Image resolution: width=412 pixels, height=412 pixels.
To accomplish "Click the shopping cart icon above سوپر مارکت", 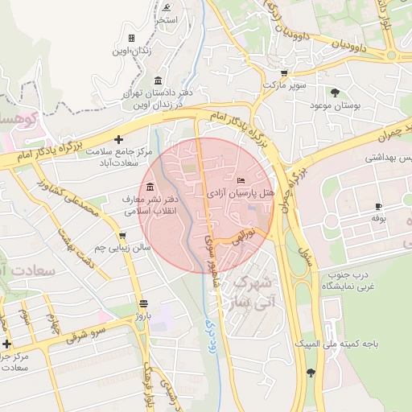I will [284, 72].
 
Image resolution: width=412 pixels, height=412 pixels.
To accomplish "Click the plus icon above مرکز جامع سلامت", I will [119, 138].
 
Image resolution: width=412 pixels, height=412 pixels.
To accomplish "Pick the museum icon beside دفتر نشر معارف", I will [150, 187].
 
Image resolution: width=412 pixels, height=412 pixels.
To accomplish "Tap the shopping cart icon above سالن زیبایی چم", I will [122, 236].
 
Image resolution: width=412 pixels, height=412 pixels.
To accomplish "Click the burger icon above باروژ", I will [143, 303].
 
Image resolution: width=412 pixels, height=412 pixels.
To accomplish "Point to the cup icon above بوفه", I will [379, 207].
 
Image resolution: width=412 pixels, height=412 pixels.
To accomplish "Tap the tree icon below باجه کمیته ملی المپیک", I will [311, 372].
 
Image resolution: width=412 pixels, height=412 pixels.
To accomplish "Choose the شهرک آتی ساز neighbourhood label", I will [252, 295].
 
